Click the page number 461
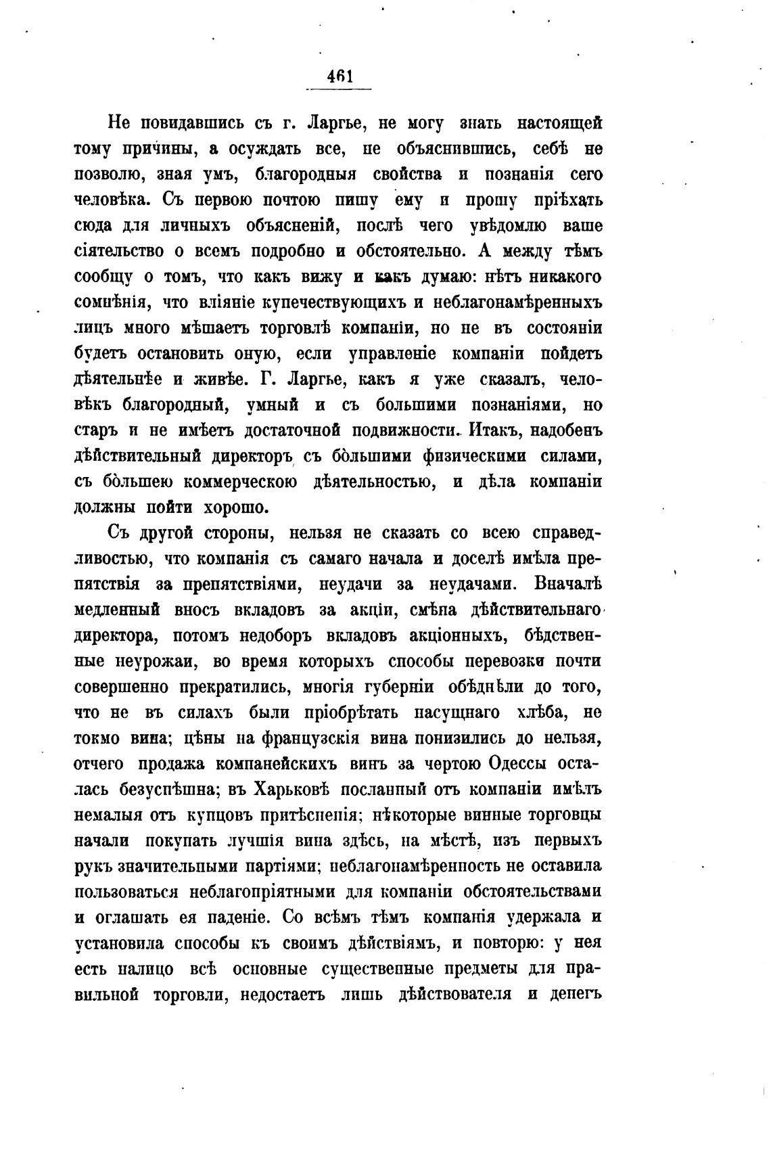click(340, 76)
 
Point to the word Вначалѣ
click(567, 584)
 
